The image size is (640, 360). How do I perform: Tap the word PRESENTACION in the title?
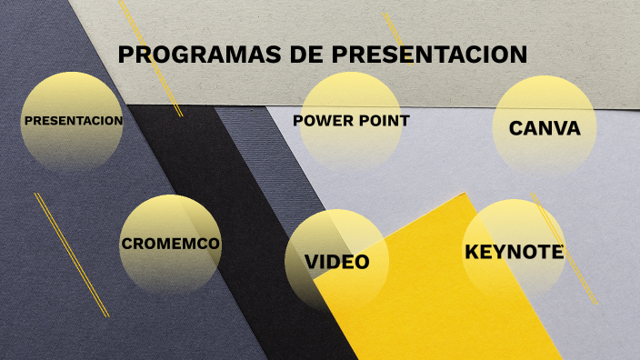(429, 55)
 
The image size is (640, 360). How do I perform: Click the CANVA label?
(545, 128)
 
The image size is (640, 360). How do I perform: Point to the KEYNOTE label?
(515, 252)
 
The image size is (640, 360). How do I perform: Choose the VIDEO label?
(336, 263)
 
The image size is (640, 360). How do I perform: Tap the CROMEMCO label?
(170, 244)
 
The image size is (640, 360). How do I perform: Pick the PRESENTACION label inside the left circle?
(73, 120)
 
